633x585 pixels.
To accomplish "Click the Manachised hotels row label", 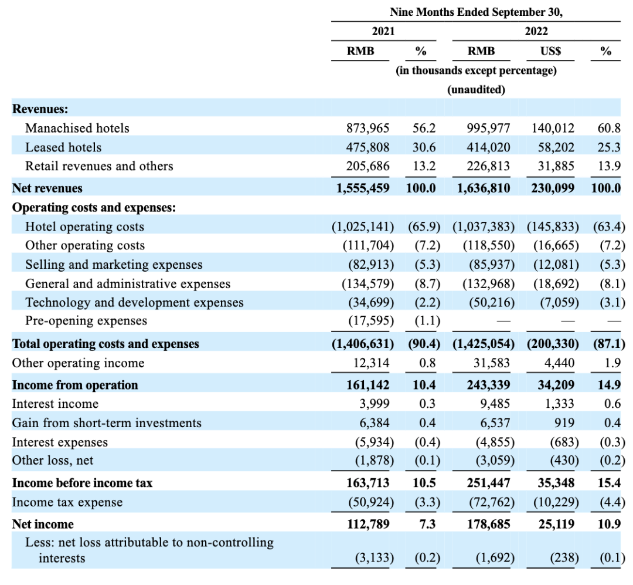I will (x=77, y=128).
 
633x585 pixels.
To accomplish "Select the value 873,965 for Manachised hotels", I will (x=368, y=128).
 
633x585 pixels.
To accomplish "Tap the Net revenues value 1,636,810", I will (x=484, y=188).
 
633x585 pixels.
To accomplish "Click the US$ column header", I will (x=550, y=51).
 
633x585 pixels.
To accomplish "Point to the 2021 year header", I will (x=383, y=31).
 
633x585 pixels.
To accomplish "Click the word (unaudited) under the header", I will (x=475, y=90).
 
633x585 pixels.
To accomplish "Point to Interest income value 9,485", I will (x=495, y=404).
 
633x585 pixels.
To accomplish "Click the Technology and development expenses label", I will (x=134, y=303).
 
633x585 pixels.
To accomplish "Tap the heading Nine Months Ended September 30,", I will (x=475, y=12).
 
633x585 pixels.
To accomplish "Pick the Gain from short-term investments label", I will (x=107, y=423).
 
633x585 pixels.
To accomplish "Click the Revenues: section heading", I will (x=40, y=109).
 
